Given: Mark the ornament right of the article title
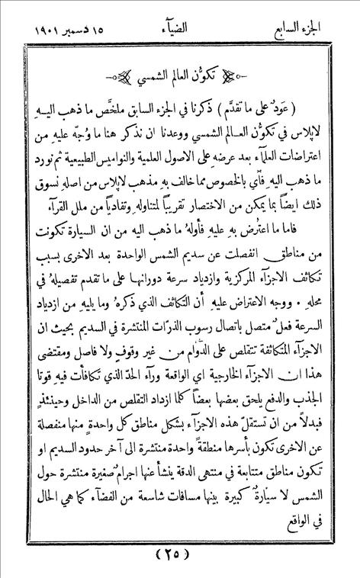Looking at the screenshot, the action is click(249, 77).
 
